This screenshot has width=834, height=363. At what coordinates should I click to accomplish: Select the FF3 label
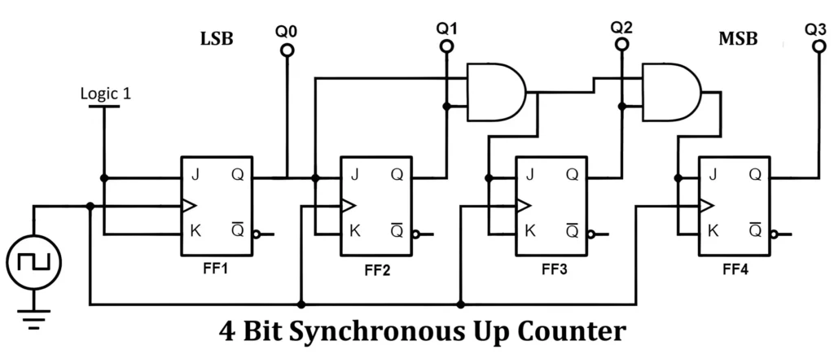553,268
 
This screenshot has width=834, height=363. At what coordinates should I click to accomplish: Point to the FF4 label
735,268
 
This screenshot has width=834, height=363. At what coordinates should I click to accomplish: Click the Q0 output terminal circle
287,50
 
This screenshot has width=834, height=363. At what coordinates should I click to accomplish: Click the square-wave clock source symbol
33,262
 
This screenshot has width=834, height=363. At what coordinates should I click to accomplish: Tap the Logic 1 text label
106,93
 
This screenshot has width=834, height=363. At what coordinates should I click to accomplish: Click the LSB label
217,38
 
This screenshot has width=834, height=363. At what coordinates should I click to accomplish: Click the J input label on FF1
195,174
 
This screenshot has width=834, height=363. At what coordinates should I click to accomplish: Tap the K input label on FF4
714,230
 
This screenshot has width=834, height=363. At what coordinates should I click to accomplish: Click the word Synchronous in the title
394,332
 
